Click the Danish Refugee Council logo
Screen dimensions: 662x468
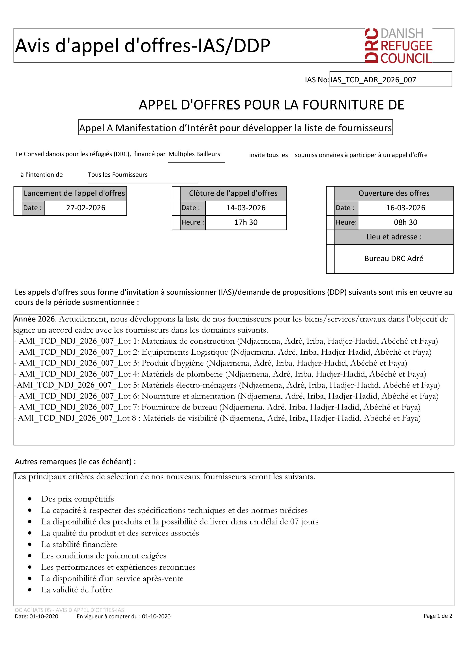click(x=398, y=46)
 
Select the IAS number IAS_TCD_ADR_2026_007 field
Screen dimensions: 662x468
click(x=390, y=79)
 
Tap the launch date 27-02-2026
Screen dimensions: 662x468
click(x=85, y=208)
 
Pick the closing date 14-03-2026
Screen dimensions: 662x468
click(x=246, y=208)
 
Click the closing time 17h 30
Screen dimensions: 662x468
click(x=246, y=222)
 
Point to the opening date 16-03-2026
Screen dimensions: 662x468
click(x=405, y=208)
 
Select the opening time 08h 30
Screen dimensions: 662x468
click(x=405, y=222)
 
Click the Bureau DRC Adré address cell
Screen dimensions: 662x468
click(x=394, y=259)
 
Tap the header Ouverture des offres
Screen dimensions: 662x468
click(x=394, y=194)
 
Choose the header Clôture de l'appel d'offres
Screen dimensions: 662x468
click(x=233, y=194)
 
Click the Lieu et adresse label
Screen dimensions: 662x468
click(x=394, y=237)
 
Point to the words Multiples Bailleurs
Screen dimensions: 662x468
click(x=194, y=154)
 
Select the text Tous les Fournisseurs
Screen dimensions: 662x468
click(x=118, y=175)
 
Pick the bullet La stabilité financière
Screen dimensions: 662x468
click(x=79, y=544)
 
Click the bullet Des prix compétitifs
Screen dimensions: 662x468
click(x=78, y=499)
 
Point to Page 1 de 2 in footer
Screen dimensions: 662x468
click(x=437, y=616)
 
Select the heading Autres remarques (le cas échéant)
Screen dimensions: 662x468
click(x=75, y=462)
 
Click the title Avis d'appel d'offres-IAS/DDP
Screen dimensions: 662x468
click(x=143, y=46)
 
